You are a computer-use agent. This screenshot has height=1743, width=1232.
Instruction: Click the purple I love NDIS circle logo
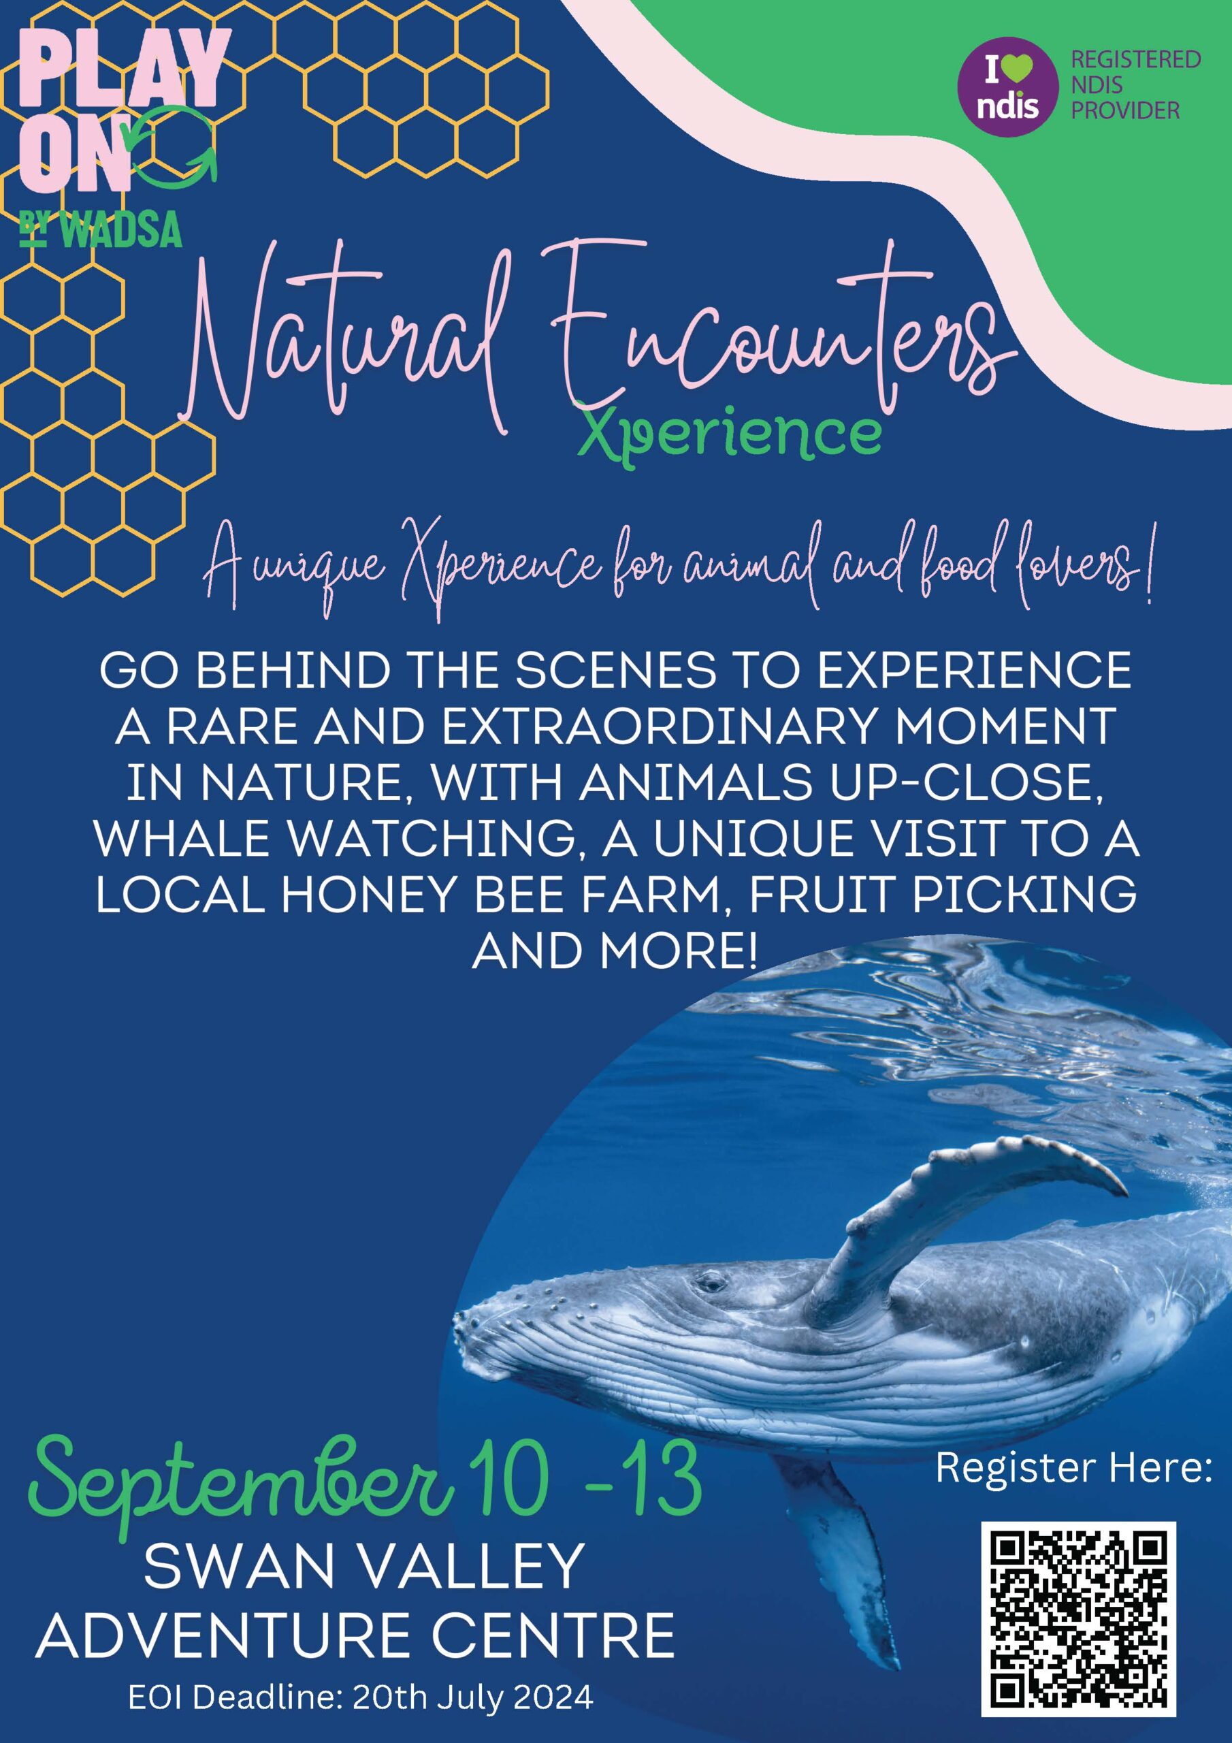tap(1009, 86)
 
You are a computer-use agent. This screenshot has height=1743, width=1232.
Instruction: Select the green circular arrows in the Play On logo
tap(175, 145)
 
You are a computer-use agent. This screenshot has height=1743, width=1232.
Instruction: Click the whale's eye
tap(711, 1283)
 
